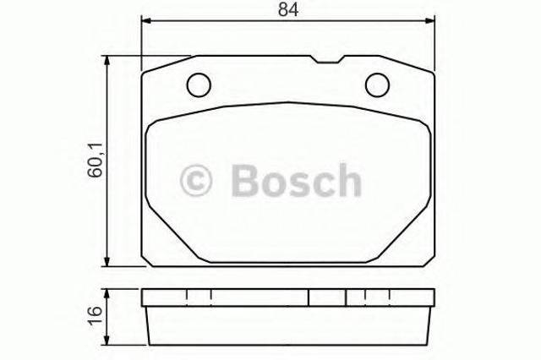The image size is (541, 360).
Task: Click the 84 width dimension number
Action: [x=288, y=9]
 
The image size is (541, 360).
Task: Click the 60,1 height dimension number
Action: [x=96, y=160]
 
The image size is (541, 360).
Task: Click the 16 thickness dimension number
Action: [x=96, y=315]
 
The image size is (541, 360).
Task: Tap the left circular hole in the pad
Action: [x=199, y=85]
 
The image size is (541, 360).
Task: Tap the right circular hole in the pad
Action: [x=378, y=85]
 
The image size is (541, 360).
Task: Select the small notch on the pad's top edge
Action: [x=327, y=59]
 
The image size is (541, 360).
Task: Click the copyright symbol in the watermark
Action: [x=195, y=180]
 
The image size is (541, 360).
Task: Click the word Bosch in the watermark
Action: [x=297, y=180]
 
